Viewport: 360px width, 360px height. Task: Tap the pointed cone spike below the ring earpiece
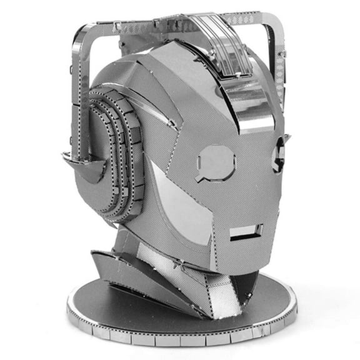(x=87, y=168)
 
